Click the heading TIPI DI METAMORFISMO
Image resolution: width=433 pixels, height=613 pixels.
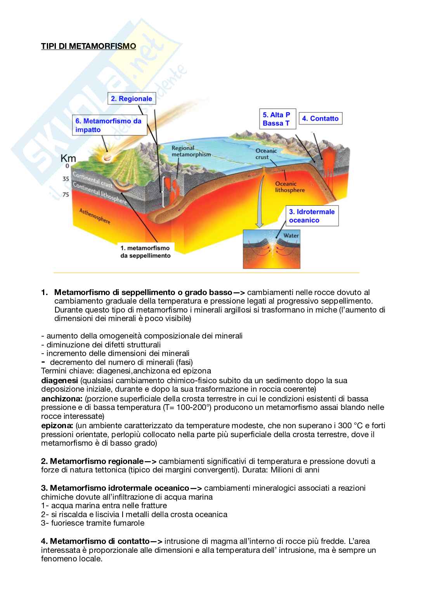pos(88,46)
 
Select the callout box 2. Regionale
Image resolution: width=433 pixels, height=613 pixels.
pos(131,99)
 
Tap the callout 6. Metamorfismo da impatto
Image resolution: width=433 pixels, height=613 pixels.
pos(109,125)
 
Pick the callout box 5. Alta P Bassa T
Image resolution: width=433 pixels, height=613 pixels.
pos(277,119)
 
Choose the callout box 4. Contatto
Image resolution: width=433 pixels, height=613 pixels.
pos(320,118)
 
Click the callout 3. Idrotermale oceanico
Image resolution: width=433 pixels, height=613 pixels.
pos(312,216)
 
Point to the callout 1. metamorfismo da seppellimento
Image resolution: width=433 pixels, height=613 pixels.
pos(145,252)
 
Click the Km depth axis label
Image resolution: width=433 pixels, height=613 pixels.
pos(68,158)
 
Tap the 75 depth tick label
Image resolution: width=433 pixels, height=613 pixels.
pos(66,194)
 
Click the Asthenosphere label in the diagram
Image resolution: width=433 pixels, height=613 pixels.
pos(95,216)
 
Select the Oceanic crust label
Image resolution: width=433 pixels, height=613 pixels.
pos(266,154)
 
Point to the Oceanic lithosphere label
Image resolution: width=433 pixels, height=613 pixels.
pos(289,187)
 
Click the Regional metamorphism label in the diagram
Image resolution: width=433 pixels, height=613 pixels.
pos(191,151)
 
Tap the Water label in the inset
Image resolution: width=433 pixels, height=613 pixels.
pos(291,235)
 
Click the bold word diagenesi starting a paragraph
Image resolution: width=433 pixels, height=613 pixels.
pos(59,380)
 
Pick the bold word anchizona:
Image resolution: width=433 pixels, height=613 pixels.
pos(62,399)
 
